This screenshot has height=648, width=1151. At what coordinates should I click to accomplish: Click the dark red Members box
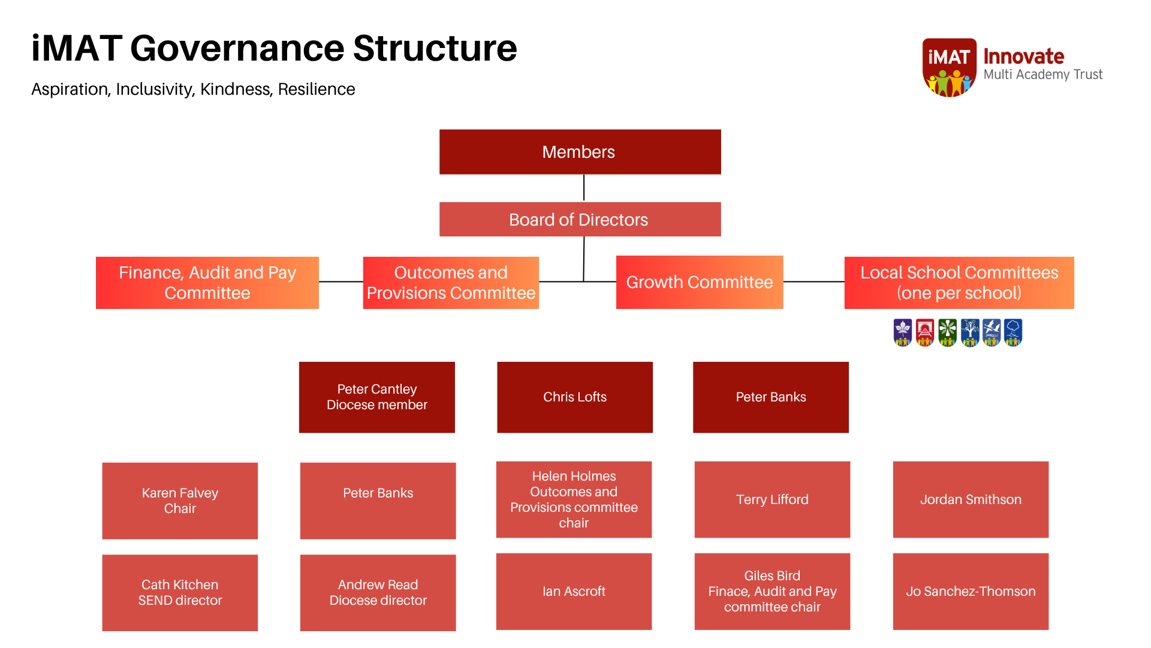pos(580,152)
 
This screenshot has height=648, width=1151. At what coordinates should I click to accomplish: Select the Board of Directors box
pos(580,219)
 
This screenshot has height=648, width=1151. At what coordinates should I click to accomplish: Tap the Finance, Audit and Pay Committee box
pos(207,283)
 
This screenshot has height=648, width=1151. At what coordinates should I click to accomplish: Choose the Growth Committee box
pos(699,283)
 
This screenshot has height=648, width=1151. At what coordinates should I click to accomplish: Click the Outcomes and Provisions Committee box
pos(451,283)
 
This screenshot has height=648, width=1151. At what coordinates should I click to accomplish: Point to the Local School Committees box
pos(959,283)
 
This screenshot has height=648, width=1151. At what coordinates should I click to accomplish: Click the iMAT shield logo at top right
pos(949,67)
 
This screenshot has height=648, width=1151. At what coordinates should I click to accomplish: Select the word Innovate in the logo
pos(1023,56)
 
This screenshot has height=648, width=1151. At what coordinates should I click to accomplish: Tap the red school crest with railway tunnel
pos(925,332)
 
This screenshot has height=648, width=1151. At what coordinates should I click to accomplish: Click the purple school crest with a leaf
pos(903,332)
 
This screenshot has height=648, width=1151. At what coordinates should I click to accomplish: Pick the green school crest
pos(947,332)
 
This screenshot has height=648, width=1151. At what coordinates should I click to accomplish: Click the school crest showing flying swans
pos(992,332)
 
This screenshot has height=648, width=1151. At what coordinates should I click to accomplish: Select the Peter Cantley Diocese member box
pos(376,397)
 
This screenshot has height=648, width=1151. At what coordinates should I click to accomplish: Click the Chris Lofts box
pos(574,397)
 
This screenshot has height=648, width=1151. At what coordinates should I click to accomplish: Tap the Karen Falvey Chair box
pos(180,500)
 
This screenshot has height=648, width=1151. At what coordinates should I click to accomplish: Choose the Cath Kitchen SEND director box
pos(180,592)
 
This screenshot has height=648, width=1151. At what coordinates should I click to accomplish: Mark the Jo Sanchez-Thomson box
pos(970,591)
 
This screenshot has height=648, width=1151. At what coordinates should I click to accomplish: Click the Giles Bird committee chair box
pos(772,591)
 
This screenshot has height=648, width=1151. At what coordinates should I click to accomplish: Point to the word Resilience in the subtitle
pos(317,89)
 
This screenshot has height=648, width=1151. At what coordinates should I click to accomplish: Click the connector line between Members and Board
pos(583,188)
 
